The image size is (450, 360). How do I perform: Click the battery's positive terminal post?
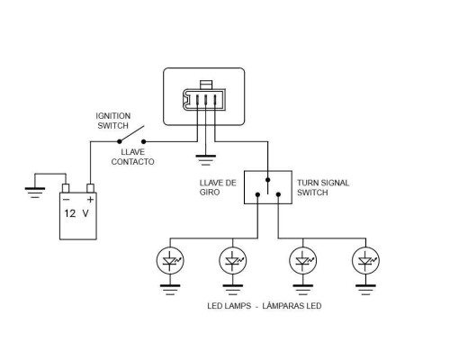click(90, 188)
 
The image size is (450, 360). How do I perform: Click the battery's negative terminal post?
click(66, 188)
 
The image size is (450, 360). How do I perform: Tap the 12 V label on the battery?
click(76, 213)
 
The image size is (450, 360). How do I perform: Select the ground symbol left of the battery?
click(35, 193)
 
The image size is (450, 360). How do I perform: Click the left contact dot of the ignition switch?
click(120, 141)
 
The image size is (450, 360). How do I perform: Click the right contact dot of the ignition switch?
click(144, 141)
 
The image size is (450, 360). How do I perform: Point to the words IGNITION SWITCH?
click(113, 121)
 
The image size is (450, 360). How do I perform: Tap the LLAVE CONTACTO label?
click(132, 157)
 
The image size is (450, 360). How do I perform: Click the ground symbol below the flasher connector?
click(205, 160)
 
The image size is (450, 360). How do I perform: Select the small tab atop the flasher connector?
click(206, 85)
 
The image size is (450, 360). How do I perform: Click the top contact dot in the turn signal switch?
click(268, 180)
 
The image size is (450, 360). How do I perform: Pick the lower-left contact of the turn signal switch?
click(257, 194)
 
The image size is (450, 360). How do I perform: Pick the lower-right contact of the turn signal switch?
click(278, 194)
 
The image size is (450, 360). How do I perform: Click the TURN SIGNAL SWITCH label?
click(323, 187)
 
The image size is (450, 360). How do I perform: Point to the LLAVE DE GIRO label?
click(218, 187)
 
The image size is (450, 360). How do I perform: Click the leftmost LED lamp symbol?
click(170, 261)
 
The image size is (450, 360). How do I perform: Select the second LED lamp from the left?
click(233, 261)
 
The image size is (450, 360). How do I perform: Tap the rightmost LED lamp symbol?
click(365, 261)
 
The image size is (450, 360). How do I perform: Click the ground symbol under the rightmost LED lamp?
click(365, 290)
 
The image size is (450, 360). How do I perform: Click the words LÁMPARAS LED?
click(292, 306)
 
